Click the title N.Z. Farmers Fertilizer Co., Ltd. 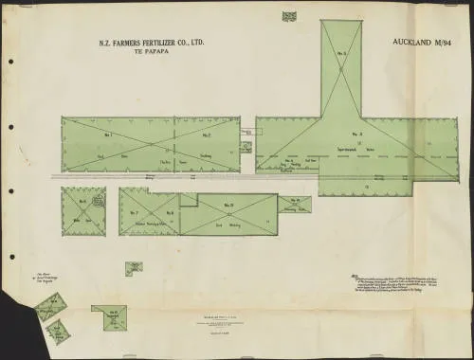point(152,45)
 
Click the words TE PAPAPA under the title point(152,54)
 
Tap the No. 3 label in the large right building point(359,135)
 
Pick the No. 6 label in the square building point(83,202)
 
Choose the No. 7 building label point(135,212)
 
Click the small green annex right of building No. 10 point(295,205)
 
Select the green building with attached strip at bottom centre point(116,318)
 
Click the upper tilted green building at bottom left point(47,307)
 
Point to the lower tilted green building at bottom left point(59,331)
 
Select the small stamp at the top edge point(289,15)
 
